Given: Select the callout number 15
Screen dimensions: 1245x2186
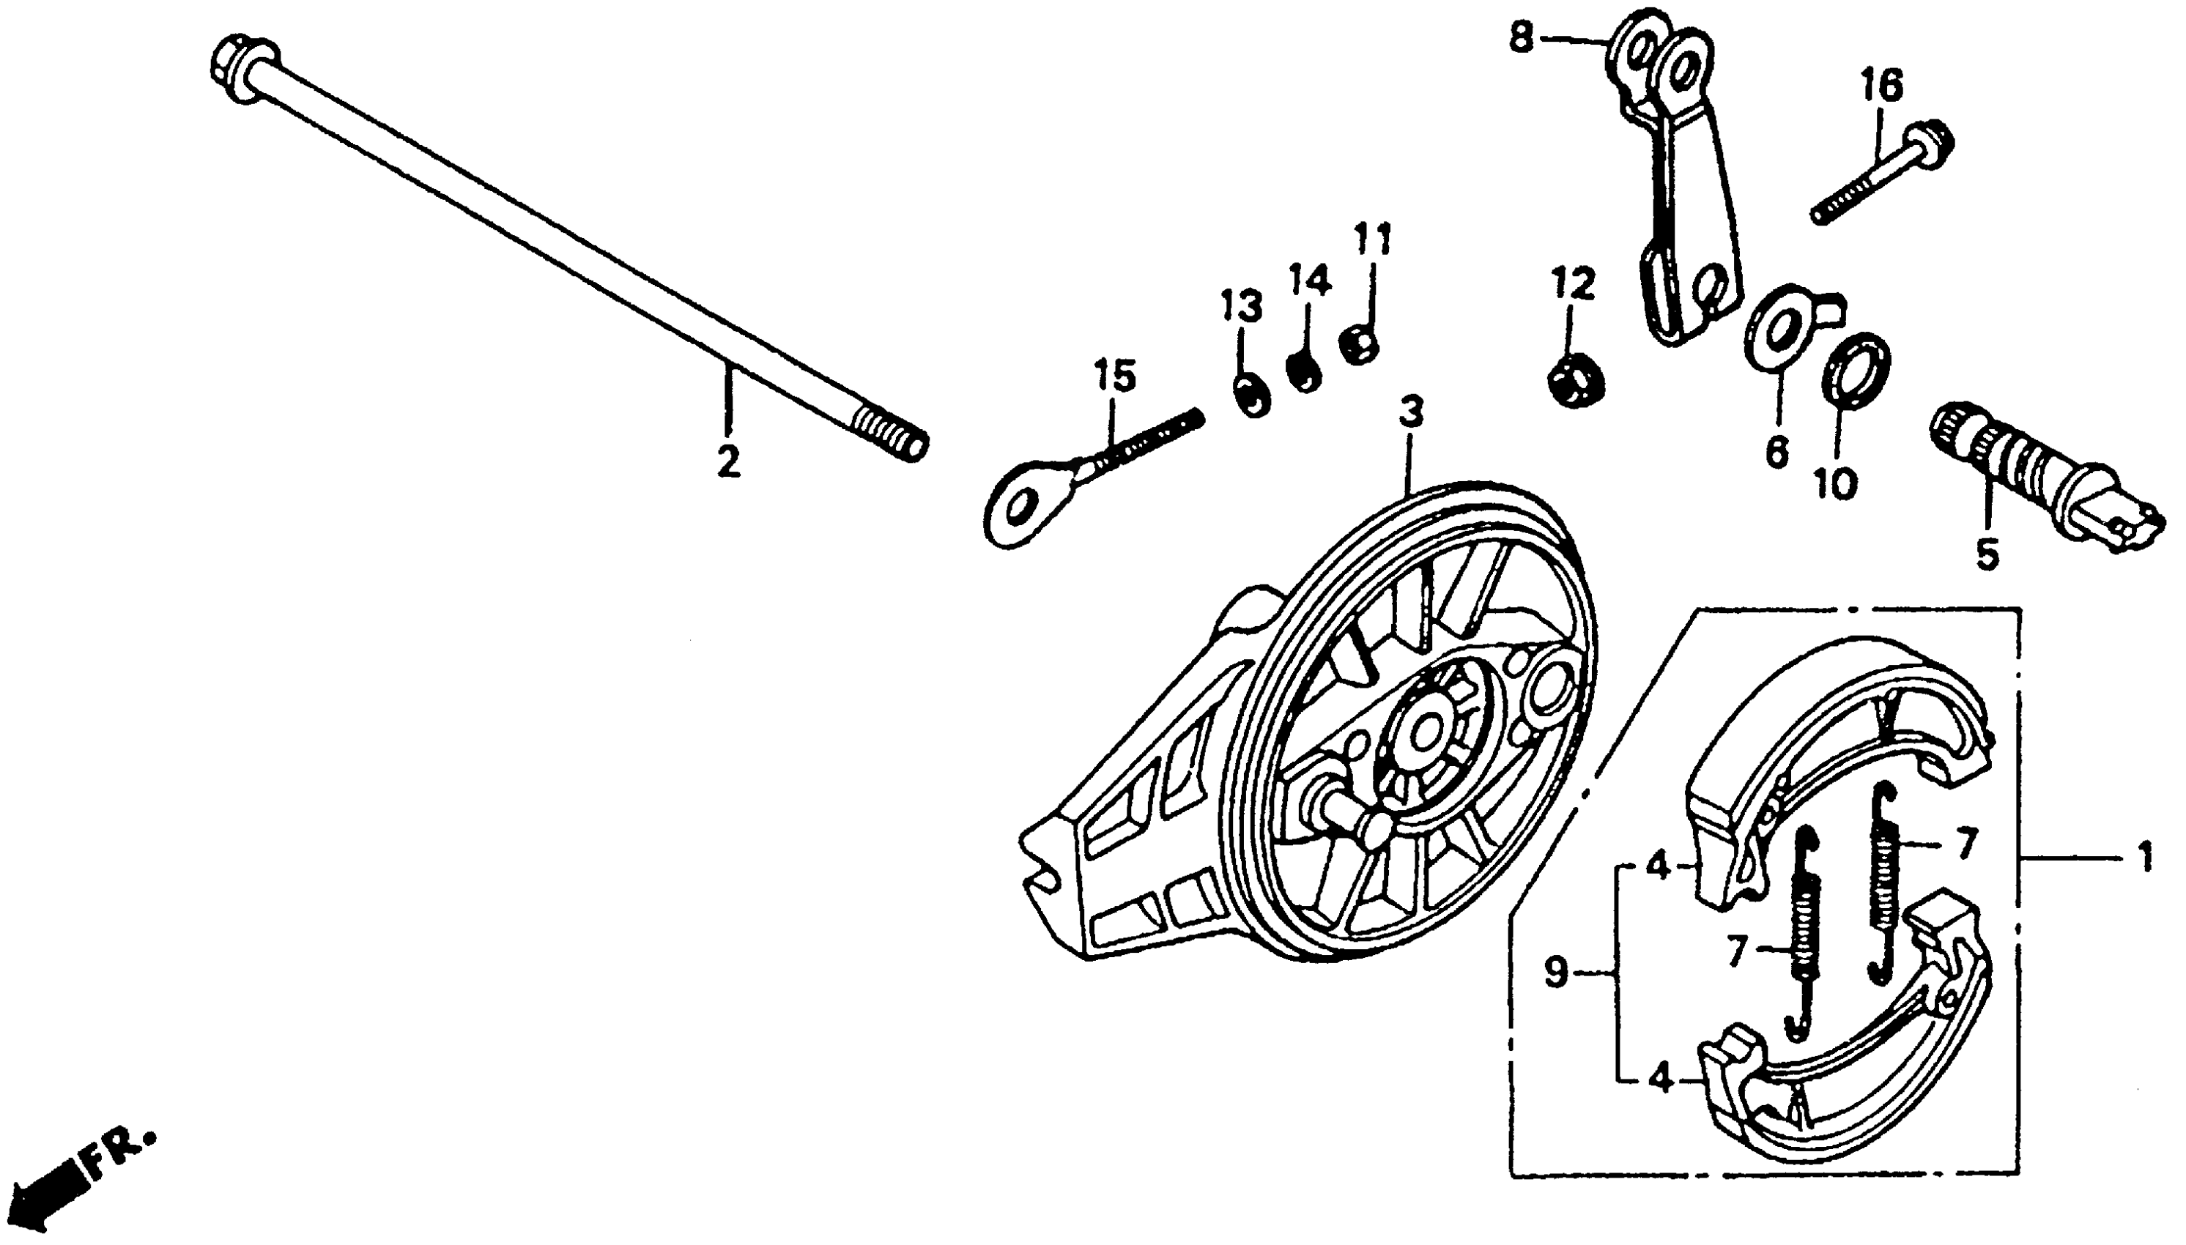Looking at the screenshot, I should [1114, 377].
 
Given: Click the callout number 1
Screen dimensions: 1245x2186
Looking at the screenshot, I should [2145, 858].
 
